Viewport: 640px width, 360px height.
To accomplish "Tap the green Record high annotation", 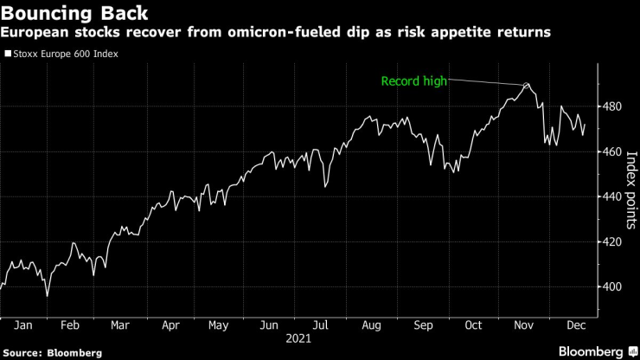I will coord(415,82).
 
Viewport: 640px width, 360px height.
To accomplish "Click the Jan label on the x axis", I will coord(23,325).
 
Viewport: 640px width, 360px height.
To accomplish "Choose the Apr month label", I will coord(170,325).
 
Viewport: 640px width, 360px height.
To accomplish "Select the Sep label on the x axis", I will coord(423,325).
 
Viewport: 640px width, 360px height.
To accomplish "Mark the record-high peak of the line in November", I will coord(527,84).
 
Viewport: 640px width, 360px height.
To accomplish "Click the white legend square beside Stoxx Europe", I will coord(9,54).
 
